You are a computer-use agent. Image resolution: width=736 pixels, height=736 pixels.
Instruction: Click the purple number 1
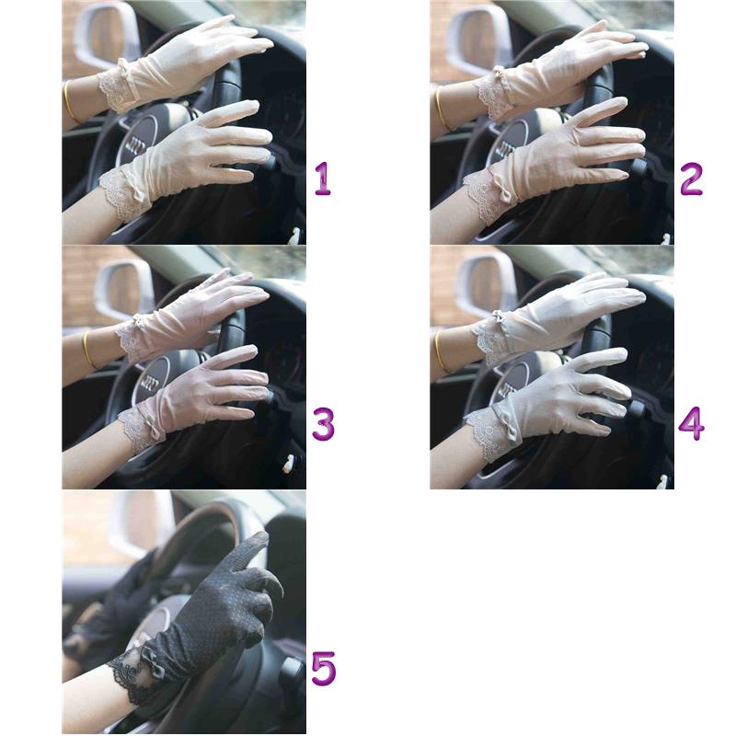click(323, 178)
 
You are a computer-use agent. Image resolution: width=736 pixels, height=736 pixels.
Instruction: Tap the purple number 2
click(692, 178)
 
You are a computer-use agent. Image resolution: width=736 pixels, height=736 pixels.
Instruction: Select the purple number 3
click(324, 424)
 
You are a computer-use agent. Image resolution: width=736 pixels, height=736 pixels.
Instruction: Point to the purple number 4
click(692, 424)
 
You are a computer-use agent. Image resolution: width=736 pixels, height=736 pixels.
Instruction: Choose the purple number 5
click(324, 669)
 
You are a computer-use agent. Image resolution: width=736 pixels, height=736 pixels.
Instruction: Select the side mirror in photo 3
click(124, 288)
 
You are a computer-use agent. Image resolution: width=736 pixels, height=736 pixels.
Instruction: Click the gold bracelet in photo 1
click(68, 102)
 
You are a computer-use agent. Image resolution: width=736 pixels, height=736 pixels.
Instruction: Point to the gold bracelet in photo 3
click(88, 350)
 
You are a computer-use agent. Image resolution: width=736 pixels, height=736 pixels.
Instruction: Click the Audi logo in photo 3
click(151, 383)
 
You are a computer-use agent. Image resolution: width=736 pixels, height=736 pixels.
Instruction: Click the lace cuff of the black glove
click(128, 677)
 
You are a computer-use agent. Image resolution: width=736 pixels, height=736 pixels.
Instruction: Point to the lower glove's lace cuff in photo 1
click(120, 193)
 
